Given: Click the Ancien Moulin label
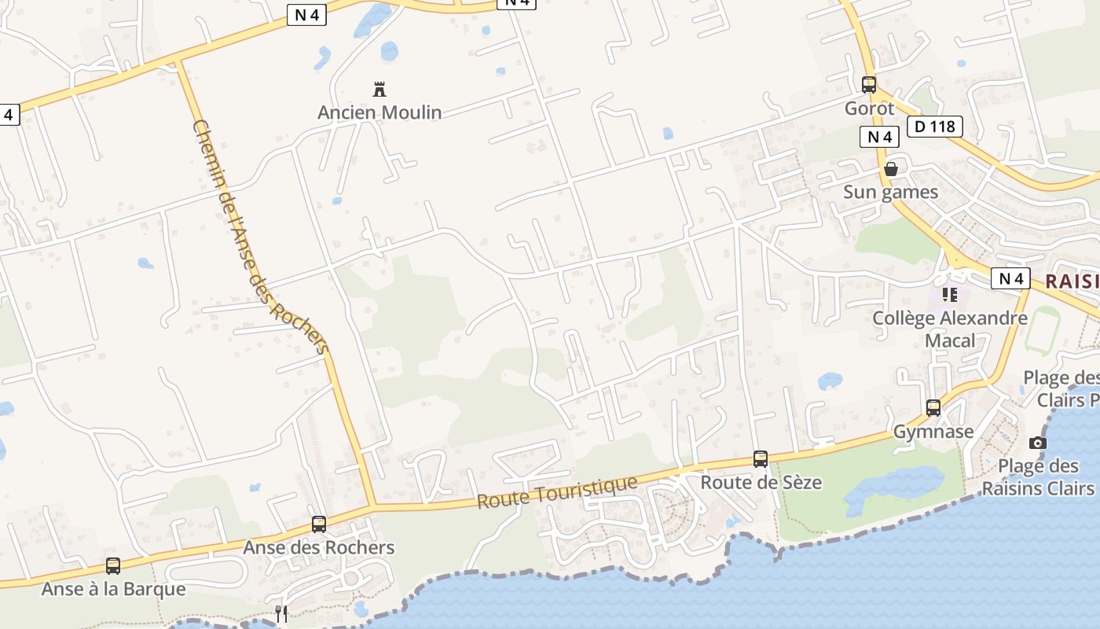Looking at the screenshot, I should (x=379, y=112).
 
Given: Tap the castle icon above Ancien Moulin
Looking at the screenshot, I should (x=379, y=89).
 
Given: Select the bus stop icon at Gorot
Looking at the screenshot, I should (x=868, y=85).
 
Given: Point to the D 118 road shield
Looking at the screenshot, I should (x=934, y=127).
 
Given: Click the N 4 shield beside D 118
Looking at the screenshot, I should (x=879, y=137).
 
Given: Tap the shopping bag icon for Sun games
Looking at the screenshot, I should (x=890, y=169).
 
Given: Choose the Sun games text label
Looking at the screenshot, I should (x=890, y=192).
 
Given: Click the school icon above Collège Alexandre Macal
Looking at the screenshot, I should (x=950, y=295).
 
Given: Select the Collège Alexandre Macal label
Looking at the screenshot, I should (x=950, y=329).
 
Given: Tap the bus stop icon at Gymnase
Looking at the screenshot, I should (x=933, y=408).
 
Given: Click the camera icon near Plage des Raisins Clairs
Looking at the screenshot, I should (x=1037, y=443).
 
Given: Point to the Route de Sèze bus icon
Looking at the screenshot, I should (x=760, y=459).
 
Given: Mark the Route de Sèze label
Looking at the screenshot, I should (x=761, y=482).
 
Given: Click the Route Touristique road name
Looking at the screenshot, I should (x=557, y=491).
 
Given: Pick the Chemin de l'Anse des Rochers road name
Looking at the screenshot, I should (x=259, y=236).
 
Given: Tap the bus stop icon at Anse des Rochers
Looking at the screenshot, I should (x=318, y=524).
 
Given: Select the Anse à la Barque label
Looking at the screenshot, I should (x=113, y=589).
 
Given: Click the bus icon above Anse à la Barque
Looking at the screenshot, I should (x=113, y=566).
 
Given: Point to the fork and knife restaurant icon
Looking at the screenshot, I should (x=281, y=613).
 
